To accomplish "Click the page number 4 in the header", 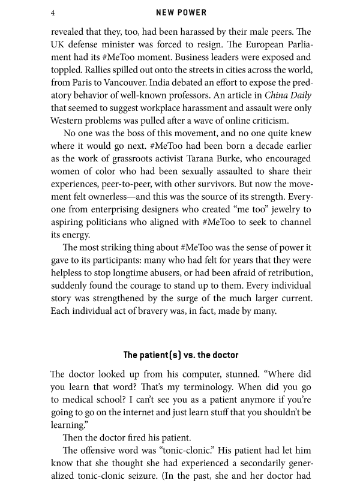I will (x=53, y=13).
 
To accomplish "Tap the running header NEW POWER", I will (x=179, y=13).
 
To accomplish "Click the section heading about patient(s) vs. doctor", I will (x=180, y=355).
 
